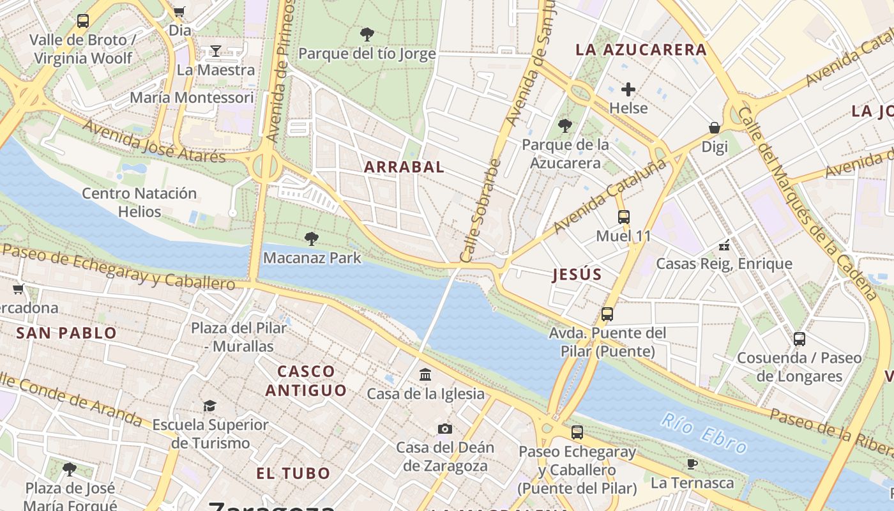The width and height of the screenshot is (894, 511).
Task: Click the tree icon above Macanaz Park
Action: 312,239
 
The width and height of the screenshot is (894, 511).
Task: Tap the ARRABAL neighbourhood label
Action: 404,167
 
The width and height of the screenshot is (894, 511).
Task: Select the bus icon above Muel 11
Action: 624,217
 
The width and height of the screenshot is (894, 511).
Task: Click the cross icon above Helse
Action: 628,89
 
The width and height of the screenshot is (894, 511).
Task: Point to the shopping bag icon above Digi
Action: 715,128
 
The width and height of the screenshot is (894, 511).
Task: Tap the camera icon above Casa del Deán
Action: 445,429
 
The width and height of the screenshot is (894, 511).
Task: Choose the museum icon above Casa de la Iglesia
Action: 425,375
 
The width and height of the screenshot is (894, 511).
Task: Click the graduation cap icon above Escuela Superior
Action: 209,406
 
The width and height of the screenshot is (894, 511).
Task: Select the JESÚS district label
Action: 577,275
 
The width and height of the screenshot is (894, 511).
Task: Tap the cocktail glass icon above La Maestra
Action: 216,51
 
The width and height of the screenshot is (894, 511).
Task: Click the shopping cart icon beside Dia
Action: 179,11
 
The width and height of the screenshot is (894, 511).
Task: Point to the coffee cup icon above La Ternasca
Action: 692,464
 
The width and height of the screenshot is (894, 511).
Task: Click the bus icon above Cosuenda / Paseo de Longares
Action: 799,339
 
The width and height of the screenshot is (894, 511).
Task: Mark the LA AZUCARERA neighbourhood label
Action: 640,50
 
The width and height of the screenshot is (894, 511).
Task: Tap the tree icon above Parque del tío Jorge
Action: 367,34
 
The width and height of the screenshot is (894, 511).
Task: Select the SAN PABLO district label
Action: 66,333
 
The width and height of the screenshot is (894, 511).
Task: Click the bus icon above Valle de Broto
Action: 83,20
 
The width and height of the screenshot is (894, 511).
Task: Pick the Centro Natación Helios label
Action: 139,202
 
